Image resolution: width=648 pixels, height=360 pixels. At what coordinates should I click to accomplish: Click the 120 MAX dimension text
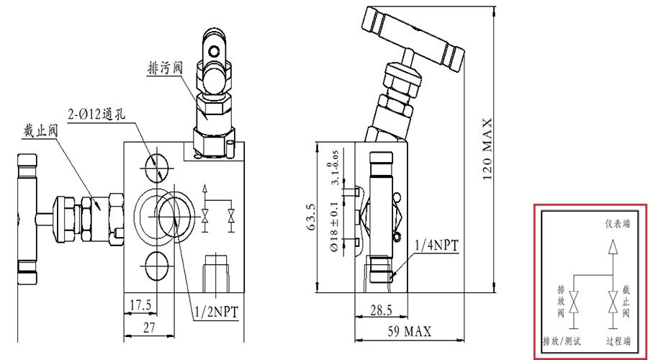(487, 149)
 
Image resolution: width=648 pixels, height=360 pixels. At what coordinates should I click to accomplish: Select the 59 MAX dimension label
(409, 331)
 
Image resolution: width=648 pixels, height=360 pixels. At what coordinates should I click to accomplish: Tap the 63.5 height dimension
(311, 217)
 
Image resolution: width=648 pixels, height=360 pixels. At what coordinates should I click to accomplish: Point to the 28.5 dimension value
(381, 310)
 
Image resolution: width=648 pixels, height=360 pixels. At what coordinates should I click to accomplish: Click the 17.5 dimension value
(140, 305)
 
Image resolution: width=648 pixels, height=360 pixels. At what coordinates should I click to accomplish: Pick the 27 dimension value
(149, 328)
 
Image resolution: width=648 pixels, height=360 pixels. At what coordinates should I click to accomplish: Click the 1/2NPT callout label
(217, 312)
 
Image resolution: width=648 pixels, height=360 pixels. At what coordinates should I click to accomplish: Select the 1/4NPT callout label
(436, 246)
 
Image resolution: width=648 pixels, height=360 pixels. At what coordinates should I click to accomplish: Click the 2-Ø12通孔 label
(96, 114)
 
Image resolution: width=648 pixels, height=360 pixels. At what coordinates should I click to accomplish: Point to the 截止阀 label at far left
(40, 130)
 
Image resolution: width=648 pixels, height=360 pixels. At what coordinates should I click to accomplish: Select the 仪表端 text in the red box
(618, 224)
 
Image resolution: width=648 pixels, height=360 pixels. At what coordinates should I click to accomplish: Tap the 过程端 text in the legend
(618, 341)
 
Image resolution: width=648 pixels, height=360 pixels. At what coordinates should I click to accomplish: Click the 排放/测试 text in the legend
(562, 341)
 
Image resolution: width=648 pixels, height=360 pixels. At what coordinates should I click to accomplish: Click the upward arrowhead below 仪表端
(613, 247)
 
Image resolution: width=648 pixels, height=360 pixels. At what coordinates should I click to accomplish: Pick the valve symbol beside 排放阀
(574, 302)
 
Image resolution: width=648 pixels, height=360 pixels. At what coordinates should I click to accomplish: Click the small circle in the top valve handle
(214, 51)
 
